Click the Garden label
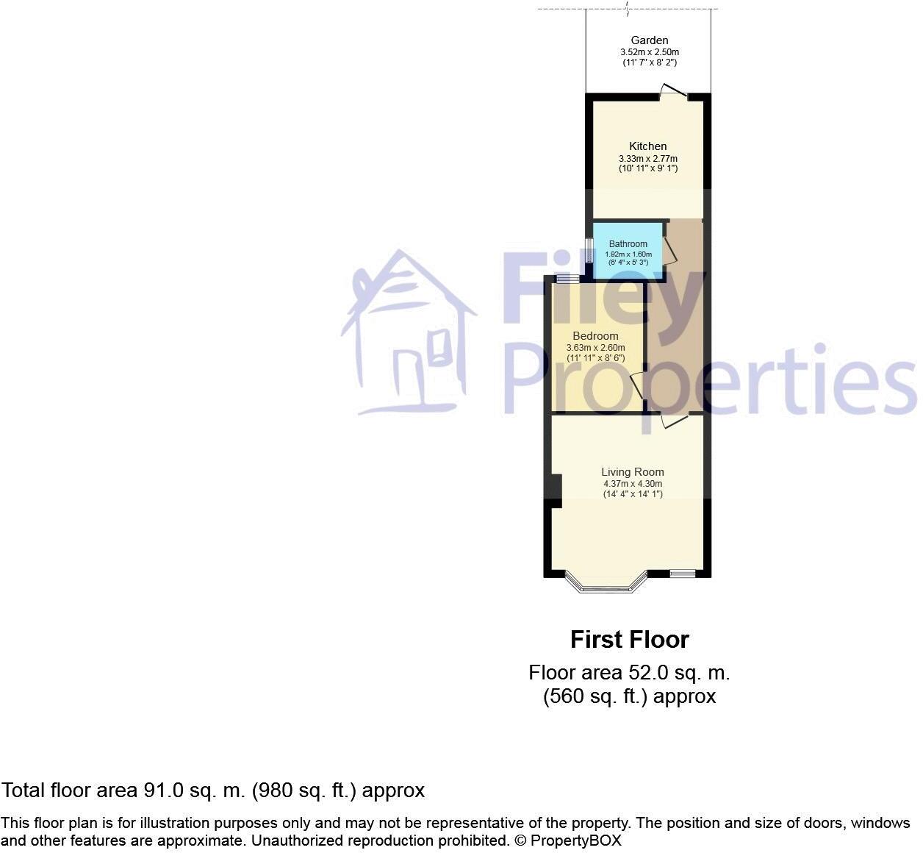(x=650, y=40)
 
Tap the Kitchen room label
(x=648, y=146)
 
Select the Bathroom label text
(x=628, y=244)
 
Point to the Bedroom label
(x=595, y=336)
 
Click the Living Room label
(x=632, y=472)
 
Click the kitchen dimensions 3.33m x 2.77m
(x=648, y=159)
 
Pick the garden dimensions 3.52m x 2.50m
(x=650, y=52)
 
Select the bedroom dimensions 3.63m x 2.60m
(x=595, y=348)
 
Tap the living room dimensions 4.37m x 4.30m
(x=632, y=484)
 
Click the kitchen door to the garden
(x=672, y=92)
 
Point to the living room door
(x=674, y=421)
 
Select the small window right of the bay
(x=682, y=574)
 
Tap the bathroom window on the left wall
(x=589, y=251)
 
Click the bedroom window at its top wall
(x=566, y=279)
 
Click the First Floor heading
(x=630, y=640)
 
